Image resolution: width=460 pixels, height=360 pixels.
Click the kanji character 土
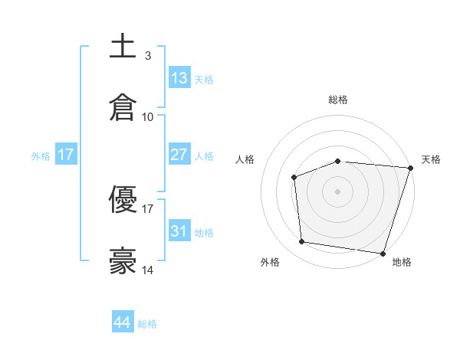pyautogui.click(x=123, y=46)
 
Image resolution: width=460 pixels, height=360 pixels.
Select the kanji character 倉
pyautogui.click(x=123, y=107)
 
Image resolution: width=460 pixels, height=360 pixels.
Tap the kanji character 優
pyautogui.click(x=123, y=199)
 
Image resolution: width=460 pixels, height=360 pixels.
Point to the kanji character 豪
pyautogui.click(x=123, y=261)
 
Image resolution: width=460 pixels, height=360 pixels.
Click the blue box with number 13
pyautogui.click(x=179, y=77)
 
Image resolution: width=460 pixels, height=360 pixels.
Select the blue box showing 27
pyautogui.click(x=179, y=155)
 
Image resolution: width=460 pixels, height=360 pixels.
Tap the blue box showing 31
pyautogui.click(x=179, y=231)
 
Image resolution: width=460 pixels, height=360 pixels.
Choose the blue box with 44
pyautogui.click(x=123, y=322)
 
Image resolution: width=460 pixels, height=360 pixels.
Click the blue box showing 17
pyautogui.click(x=66, y=155)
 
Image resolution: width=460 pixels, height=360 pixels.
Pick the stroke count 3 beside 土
pyautogui.click(x=148, y=55)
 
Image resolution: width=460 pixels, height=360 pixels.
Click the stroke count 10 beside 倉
pyautogui.click(x=148, y=117)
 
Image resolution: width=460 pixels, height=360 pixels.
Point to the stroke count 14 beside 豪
pyautogui.click(x=148, y=270)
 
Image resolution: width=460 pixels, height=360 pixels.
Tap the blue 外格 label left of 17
pyautogui.click(x=41, y=155)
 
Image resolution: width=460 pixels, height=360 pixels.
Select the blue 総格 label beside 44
pyautogui.click(x=147, y=324)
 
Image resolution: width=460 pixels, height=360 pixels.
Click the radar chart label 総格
pyautogui.click(x=338, y=100)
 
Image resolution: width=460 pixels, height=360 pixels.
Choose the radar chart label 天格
pyautogui.click(x=432, y=159)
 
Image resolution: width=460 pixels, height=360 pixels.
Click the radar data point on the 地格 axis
pyautogui.click(x=383, y=253)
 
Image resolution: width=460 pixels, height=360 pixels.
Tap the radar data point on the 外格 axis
pyautogui.click(x=302, y=242)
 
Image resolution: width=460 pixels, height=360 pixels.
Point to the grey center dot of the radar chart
pyautogui.click(x=338, y=191)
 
